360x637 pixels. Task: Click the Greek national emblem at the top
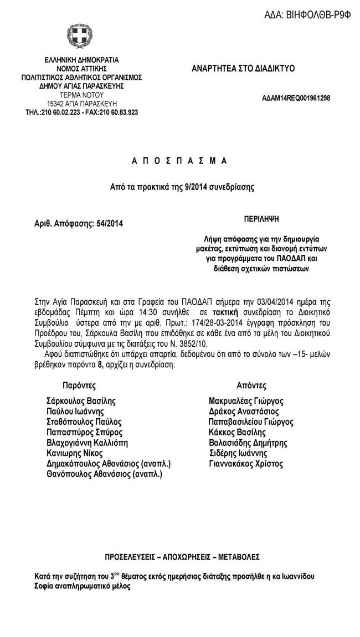pos(75,37)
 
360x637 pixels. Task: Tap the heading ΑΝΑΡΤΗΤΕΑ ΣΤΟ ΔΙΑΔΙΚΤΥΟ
pos(243,69)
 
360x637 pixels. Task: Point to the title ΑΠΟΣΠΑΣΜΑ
pos(179,161)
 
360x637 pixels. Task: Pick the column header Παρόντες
pos(80,386)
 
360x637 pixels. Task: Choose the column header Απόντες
pos(251,386)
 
